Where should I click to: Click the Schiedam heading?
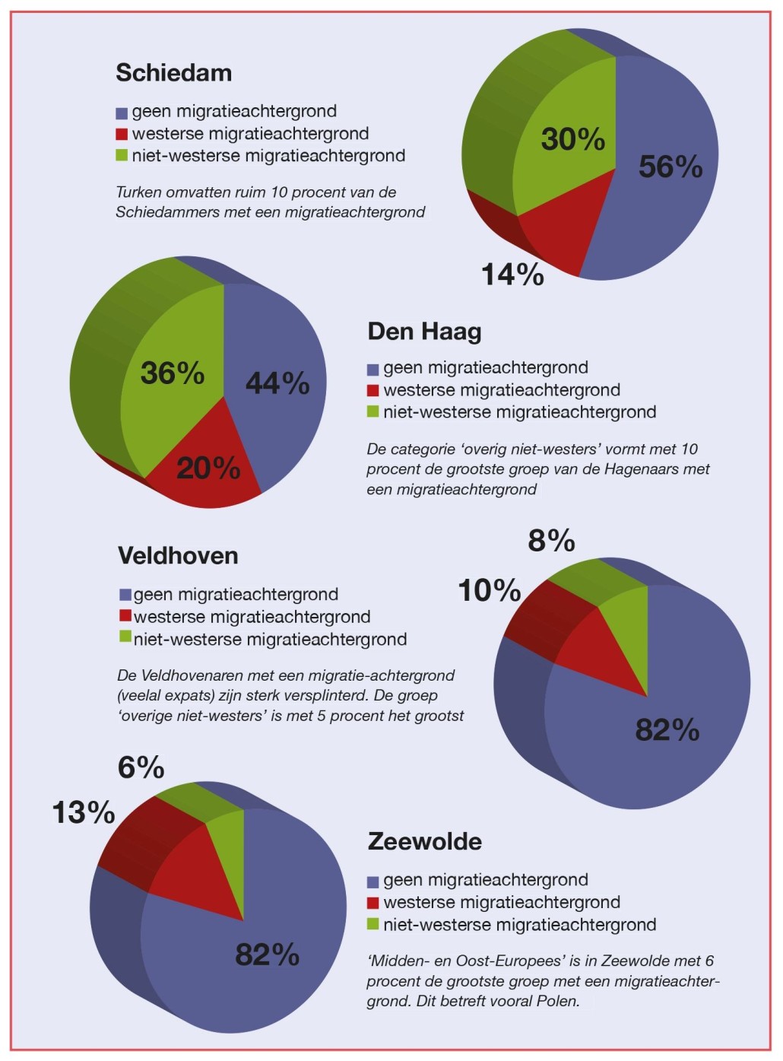pos(173,73)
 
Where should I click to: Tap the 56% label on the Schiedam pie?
pos(670,167)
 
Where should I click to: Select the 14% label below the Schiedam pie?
pos(512,275)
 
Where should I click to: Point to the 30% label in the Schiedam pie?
pos(572,139)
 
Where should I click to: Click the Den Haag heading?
pos(424,332)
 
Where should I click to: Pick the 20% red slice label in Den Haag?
pos(208,468)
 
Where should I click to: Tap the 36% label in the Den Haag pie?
pos(173,373)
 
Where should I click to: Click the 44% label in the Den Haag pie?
pos(277,383)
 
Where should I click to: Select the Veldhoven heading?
pos(178,556)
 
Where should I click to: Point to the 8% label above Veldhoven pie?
pos(551,541)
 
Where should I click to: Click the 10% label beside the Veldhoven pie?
pos(489,590)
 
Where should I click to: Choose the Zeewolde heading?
pos(424,842)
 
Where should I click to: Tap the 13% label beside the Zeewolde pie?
pos(83,812)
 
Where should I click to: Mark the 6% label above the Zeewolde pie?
pos(141,767)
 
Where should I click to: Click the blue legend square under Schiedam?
pos(122,113)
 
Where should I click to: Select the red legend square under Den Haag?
pos(372,391)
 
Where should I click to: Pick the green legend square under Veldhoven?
pos(125,637)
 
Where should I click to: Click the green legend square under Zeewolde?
pos(372,924)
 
